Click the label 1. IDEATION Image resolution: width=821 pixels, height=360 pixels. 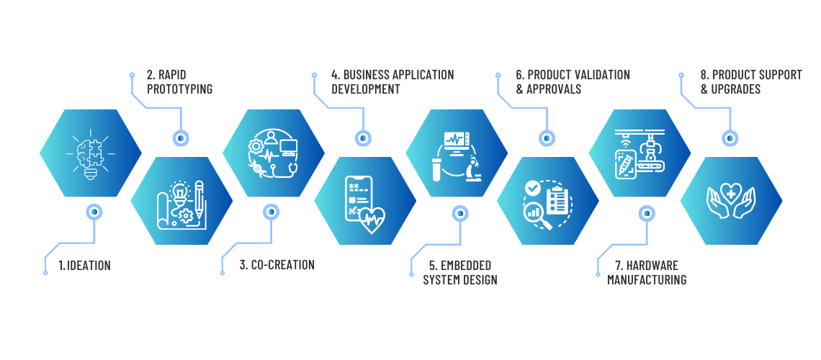pos(84,266)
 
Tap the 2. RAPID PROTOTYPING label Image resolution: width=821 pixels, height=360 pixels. pos(179,81)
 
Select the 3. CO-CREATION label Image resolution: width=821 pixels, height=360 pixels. pos(277,265)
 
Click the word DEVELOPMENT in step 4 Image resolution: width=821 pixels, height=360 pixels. pos(365,89)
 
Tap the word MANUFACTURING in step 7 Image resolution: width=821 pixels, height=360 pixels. pos(646,280)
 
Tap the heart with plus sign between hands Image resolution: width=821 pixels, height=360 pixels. pos(731,194)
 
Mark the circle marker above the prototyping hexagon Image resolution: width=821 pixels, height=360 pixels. pos(181,138)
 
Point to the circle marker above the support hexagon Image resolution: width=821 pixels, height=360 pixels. pos(730,138)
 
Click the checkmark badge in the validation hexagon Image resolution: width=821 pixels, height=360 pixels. pos(533,188)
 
